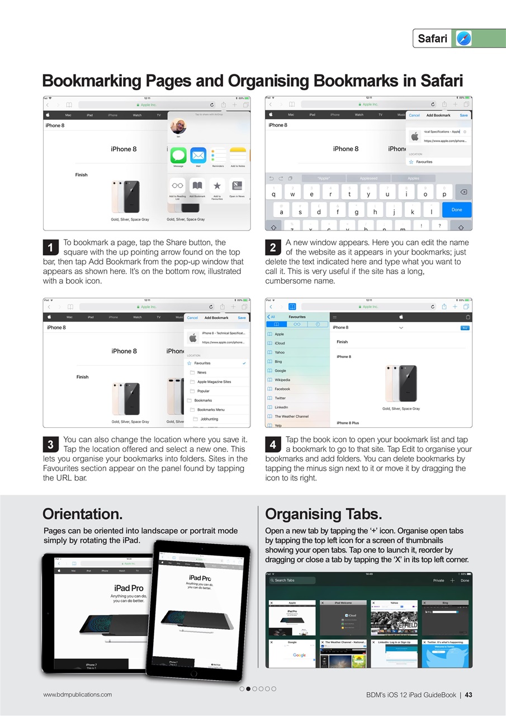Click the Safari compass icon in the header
pos(464,38)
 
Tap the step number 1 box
pos(50,247)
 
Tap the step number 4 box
pos(272,445)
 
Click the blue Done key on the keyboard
pos(456,210)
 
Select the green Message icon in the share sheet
pos(178,156)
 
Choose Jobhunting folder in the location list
pos(209,418)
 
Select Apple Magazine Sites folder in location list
pos(214,381)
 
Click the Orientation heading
pos(82,514)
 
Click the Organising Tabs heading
pos(323,514)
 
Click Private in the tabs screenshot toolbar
pos(438,580)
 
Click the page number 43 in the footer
pos(469,695)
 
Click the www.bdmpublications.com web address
pos(77,694)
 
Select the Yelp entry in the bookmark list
pos(278,425)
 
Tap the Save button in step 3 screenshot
pos(242,318)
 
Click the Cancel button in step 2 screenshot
pos(414,115)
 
